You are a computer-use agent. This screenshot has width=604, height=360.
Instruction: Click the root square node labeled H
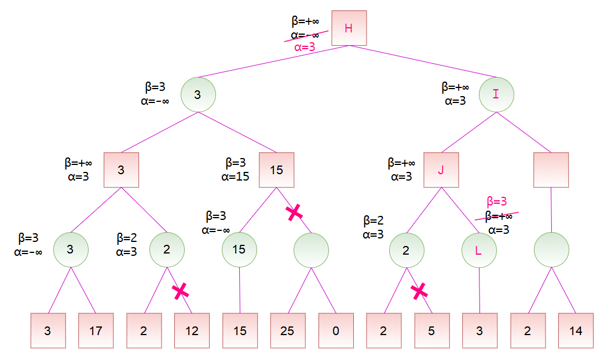click(x=349, y=28)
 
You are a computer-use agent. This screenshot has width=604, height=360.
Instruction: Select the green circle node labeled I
click(x=496, y=94)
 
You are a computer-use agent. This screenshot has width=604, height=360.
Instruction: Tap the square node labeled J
click(x=441, y=170)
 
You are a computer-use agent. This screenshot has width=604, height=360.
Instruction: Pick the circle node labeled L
click(x=479, y=250)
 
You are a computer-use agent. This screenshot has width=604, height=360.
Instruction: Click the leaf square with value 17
click(x=96, y=330)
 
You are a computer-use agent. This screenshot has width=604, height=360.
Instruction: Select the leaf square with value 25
click(x=287, y=330)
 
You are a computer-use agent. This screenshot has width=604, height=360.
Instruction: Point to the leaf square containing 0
click(x=336, y=330)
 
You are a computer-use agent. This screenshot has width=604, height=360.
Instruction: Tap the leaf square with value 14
click(x=575, y=330)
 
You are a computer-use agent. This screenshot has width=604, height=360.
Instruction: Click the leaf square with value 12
click(x=192, y=330)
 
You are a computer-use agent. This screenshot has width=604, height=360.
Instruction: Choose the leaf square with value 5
click(x=431, y=330)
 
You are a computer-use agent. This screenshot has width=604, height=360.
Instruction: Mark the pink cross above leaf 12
click(x=181, y=291)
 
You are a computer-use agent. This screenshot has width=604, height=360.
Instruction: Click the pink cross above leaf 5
click(x=419, y=291)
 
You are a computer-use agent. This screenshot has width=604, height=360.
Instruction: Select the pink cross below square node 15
click(x=295, y=212)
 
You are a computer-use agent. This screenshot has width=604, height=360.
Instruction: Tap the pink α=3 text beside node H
click(x=305, y=47)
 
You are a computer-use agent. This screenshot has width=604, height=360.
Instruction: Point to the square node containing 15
click(x=276, y=170)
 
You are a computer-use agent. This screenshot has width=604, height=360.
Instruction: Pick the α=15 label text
click(x=235, y=176)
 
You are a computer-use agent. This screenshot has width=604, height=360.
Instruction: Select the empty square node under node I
click(x=551, y=170)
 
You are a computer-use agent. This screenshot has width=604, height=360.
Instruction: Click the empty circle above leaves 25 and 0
click(x=311, y=250)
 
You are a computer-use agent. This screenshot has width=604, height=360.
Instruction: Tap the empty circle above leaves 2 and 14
click(x=551, y=250)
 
